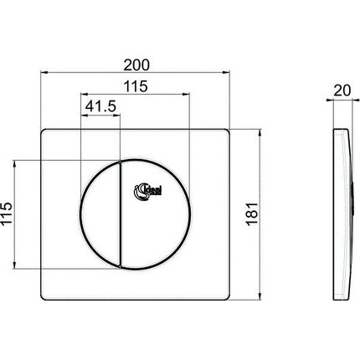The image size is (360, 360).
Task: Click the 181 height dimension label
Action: coord(274,213)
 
